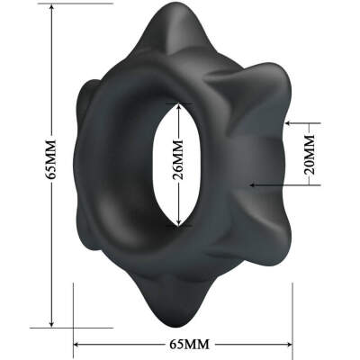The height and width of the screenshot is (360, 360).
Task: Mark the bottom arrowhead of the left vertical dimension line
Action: pos(51,325)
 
